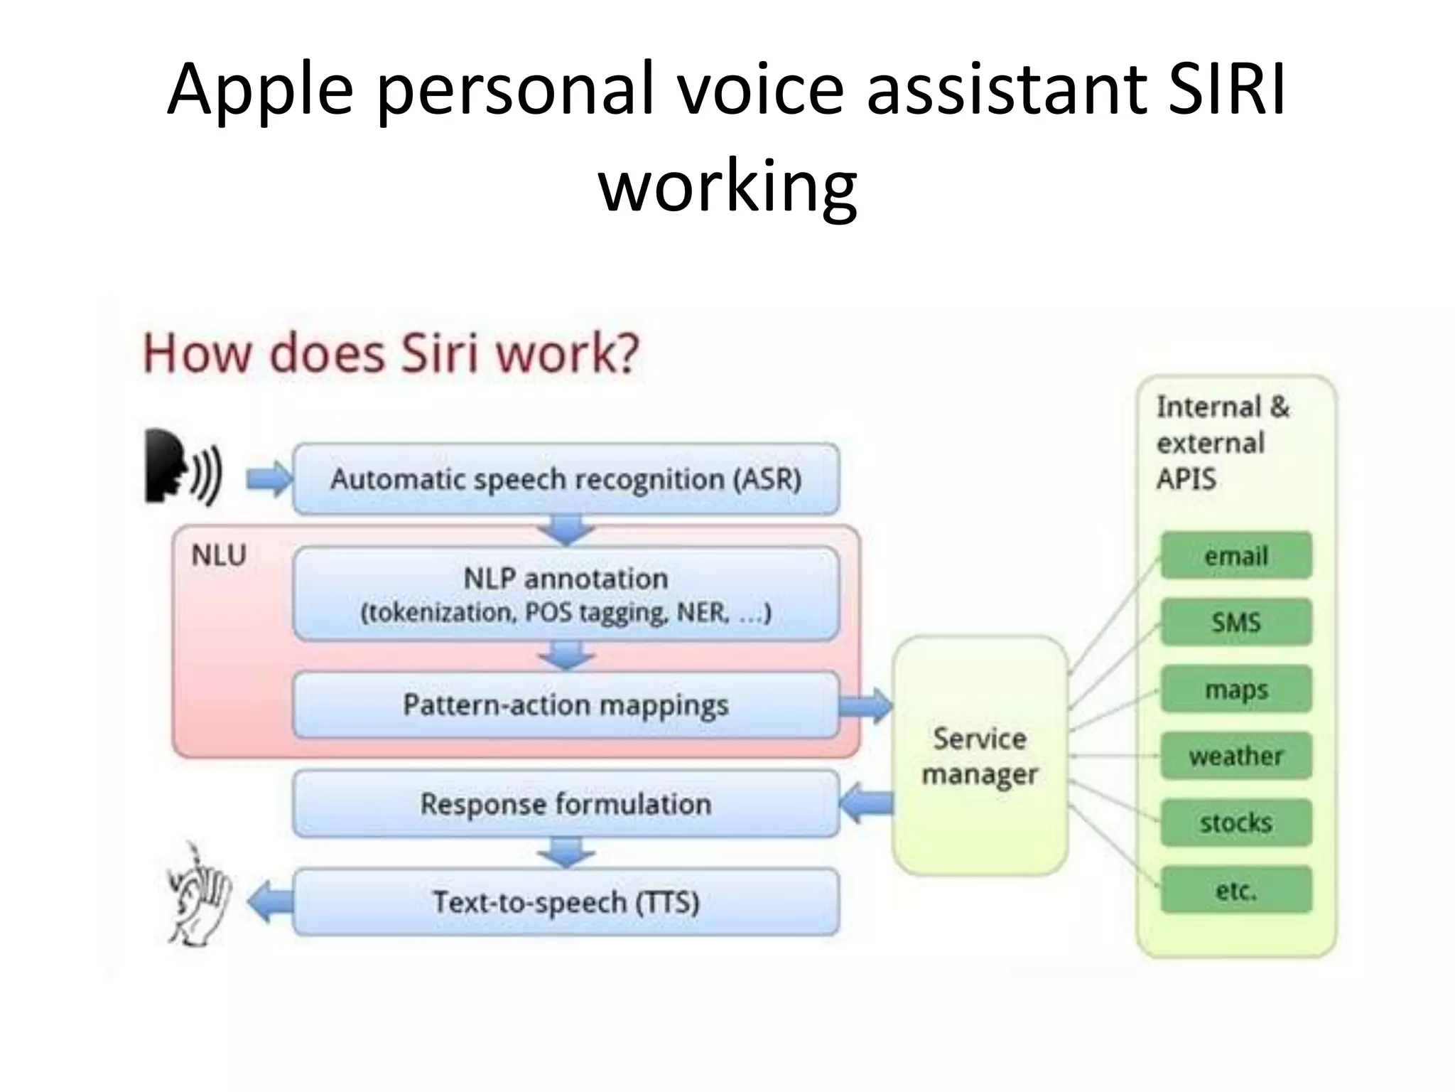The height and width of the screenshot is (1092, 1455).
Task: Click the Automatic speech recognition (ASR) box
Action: point(566,478)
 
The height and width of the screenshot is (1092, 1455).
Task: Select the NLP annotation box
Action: point(566,594)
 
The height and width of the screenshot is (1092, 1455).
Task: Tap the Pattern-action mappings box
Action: point(566,705)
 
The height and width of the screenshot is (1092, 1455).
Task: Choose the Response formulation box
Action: point(566,804)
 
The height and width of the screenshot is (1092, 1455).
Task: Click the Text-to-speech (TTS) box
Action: point(566,901)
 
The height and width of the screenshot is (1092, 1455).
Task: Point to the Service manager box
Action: point(980,756)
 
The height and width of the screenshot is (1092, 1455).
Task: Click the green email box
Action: point(1235,555)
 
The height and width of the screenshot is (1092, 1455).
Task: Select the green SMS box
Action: point(1235,622)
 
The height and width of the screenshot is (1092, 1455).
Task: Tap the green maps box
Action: point(1235,689)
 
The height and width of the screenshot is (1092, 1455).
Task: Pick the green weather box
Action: point(1235,756)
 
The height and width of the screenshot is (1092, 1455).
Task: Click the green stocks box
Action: point(1235,823)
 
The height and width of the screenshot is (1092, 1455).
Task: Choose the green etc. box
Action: point(1235,889)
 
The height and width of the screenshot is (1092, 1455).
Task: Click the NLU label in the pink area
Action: point(219,555)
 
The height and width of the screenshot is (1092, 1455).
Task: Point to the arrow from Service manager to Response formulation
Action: point(866,803)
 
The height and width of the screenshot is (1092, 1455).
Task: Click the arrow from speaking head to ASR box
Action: point(269,480)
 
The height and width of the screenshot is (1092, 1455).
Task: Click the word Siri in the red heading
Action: point(440,353)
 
